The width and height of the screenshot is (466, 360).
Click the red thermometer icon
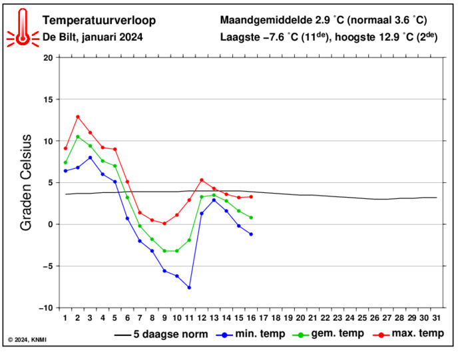[x=23, y=28]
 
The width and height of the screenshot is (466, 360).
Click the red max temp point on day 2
[x=78, y=116]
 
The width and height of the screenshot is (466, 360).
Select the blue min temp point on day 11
[x=189, y=287]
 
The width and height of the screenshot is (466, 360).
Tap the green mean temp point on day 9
[x=164, y=251]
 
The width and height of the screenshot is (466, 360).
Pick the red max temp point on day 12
[x=202, y=180]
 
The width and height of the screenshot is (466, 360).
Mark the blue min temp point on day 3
[x=90, y=158]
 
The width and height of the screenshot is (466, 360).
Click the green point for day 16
[x=251, y=218]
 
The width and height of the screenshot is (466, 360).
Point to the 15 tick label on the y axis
[x=48, y=100]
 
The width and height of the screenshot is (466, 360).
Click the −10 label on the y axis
[x=46, y=308]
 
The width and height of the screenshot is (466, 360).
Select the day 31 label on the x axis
[x=436, y=318]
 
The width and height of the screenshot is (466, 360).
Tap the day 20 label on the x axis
[x=300, y=318]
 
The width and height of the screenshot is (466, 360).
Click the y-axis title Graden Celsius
[x=26, y=182]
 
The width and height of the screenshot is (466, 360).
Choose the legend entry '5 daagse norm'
[x=161, y=335]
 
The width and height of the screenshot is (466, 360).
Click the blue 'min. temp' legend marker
[x=225, y=335]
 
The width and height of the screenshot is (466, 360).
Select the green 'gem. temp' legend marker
[x=301, y=335]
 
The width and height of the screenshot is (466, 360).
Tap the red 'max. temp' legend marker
[x=381, y=335]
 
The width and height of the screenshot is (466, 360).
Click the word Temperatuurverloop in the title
[x=99, y=21]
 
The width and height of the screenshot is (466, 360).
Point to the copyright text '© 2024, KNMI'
[x=27, y=340]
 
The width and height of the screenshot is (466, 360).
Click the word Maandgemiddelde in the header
[x=266, y=20]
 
